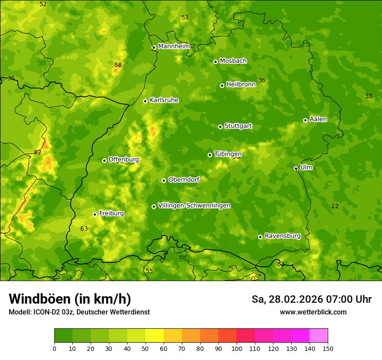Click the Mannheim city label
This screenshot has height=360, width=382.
pyautogui.click(x=174, y=46)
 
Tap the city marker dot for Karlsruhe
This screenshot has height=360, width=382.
pyautogui.click(x=145, y=101)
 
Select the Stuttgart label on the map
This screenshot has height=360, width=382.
pyautogui.click(x=238, y=126)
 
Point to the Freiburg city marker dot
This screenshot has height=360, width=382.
pyautogui.click(x=95, y=214)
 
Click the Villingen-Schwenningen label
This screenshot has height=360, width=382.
pyautogui.click(x=194, y=206)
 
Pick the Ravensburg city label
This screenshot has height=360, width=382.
pyautogui.click(x=283, y=236)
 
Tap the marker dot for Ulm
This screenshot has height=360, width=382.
pyautogui.click(x=296, y=169)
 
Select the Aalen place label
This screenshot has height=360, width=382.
pyautogui.click(x=318, y=119)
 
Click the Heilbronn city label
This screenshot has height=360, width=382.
pyautogui.click(x=241, y=85)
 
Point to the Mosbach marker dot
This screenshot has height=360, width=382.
pyautogui.click(x=215, y=62)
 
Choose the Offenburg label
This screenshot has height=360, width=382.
pyautogui.click(x=124, y=160)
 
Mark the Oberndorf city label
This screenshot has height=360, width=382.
pyautogui.click(x=184, y=180)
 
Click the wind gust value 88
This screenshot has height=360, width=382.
pyautogui.click(x=118, y=65)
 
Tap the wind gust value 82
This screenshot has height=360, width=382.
pyautogui.click(x=38, y=152)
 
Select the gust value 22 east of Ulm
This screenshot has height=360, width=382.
pyautogui.click(x=335, y=206)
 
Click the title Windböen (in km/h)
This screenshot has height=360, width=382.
pyautogui.click(x=70, y=299)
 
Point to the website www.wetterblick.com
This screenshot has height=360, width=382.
pyautogui.click(x=313, y=312)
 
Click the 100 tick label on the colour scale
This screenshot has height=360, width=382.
pyautogui.click(x=237, y=348)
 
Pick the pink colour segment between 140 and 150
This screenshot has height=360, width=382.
pyautogui.click(x=319, y=336)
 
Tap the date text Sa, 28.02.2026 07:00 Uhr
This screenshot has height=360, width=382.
pyautogui.click(x=311, y=299)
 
